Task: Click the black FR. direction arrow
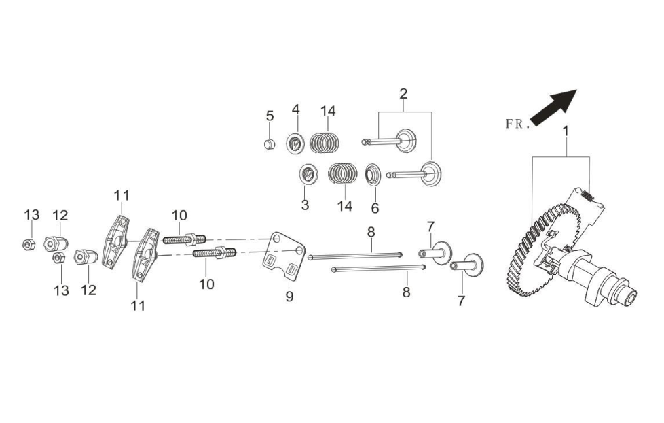click(553, 107)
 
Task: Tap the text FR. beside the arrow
click(517, 124)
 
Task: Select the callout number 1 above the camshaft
click(566, 131)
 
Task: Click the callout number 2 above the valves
click(403, 93)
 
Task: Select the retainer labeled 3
click(308, 173)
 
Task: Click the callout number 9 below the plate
click(289, 296)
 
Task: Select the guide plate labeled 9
click(282, 256)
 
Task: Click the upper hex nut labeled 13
click(28, 244)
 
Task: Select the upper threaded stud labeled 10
click(184, 239)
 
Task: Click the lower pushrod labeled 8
click(378, 268)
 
